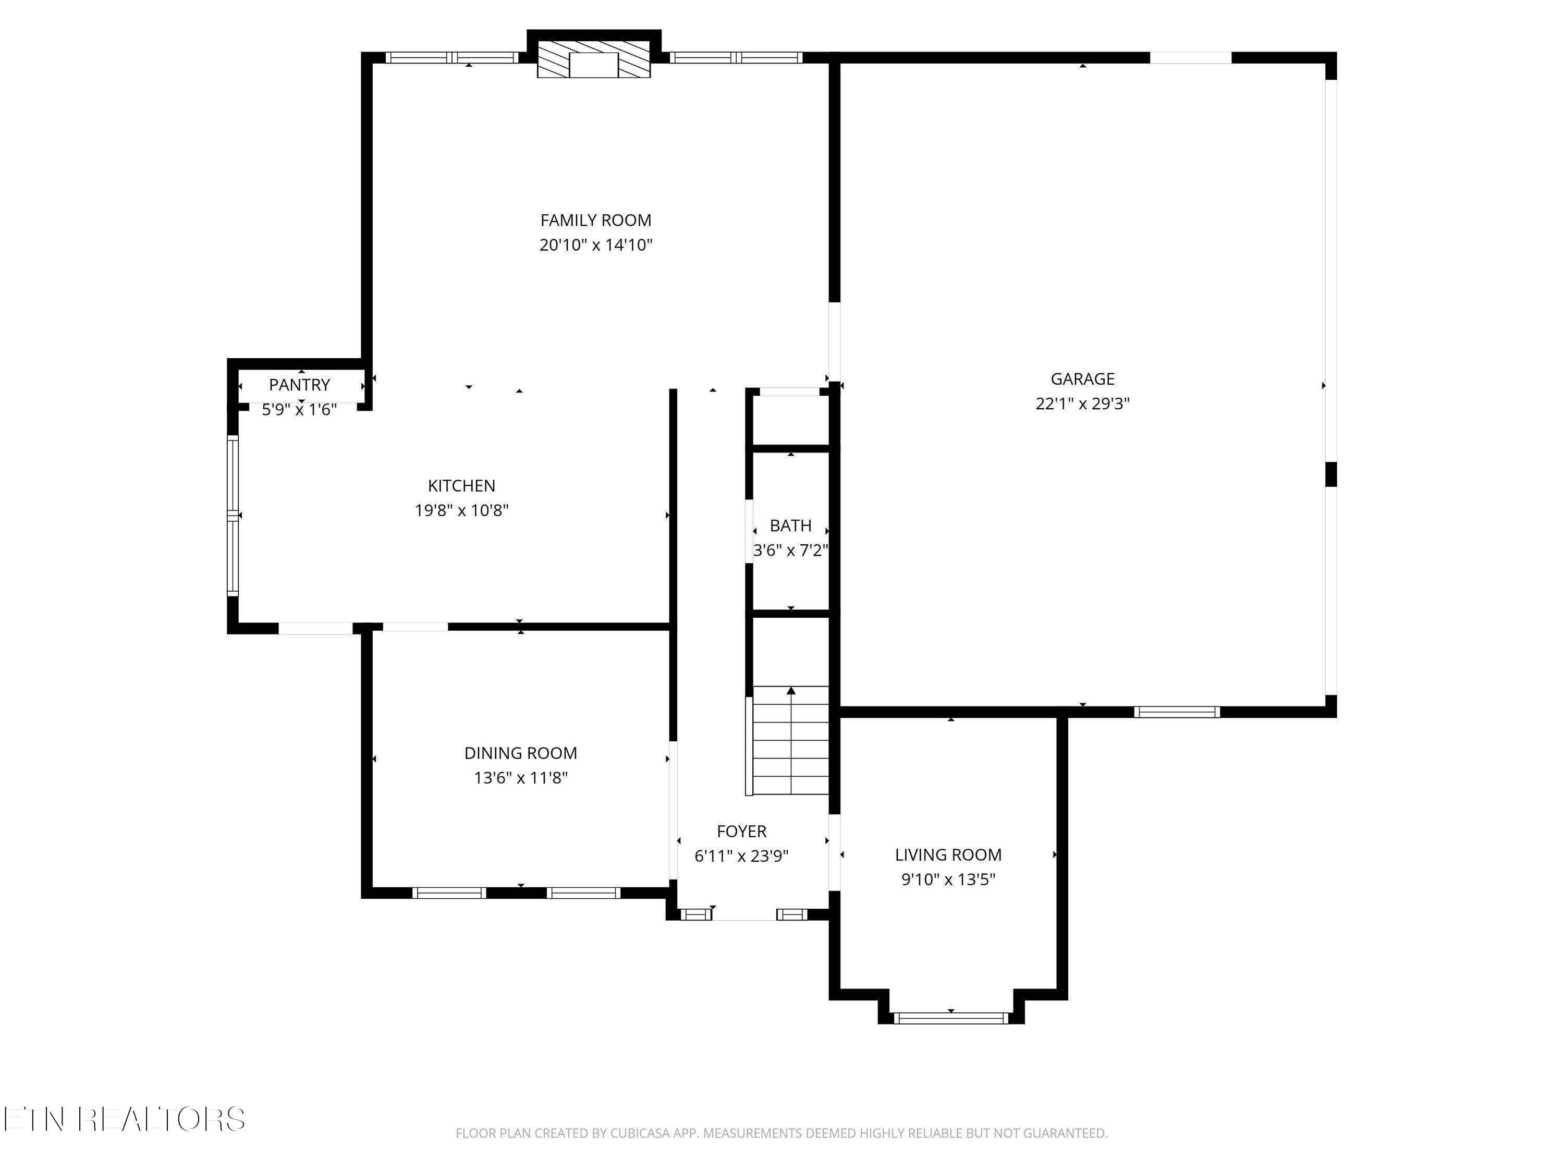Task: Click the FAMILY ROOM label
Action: (x=595, y=220)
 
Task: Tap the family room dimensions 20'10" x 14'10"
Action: (x=595, y=246)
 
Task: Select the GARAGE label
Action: (x=1082, y=379)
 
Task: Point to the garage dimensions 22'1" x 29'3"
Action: (x=1082, y=404)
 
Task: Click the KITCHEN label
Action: (x=462, y=486)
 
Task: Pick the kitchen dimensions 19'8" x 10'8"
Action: (x=462, y=510)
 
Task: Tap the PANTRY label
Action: (x=300, y=385)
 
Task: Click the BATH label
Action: (x=790, y=526)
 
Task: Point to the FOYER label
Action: (x=742, y=832)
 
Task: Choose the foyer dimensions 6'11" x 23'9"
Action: (x=742, y=856)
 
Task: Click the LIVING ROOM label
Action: (x=948, y=855)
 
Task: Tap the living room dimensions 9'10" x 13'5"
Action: (x=948, y=879)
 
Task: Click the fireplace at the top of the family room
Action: (x=594, y=58)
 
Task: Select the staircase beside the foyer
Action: (x=790, y=740)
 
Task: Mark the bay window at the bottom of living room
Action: (x=951, y=1018)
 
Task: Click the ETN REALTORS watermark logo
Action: (x=125, y=1119)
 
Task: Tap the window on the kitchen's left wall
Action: (x=233, y=516)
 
